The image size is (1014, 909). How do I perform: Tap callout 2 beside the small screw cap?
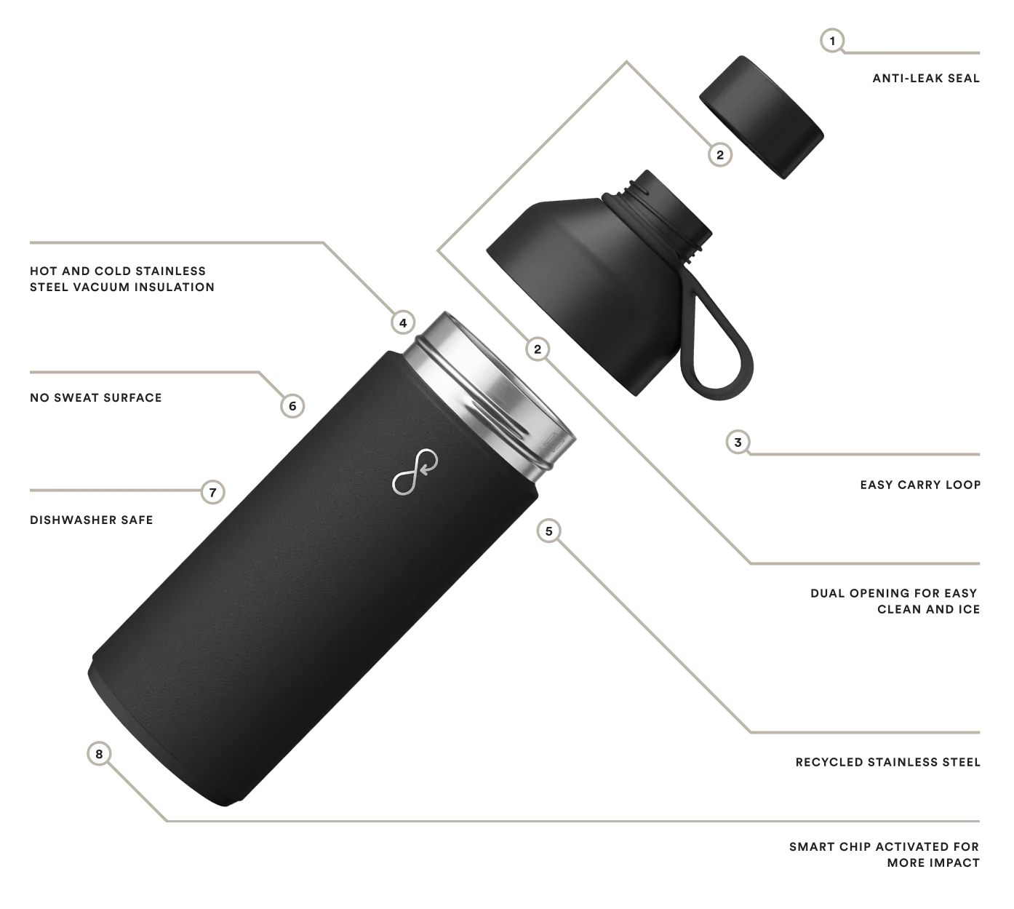tap(720, 154)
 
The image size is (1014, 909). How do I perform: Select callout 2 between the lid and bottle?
tap(538, 349)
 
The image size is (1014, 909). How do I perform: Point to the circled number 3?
tap(738, 442)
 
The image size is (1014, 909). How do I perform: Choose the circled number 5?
tap(548, 531)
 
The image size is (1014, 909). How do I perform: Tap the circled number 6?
tap(292, 405)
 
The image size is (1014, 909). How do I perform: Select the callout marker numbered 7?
tap(212, 493)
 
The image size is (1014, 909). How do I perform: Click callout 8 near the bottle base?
tap(99, 753)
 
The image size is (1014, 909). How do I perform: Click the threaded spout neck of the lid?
tap(668, 211)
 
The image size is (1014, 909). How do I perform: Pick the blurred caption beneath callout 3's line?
tap(919, 483)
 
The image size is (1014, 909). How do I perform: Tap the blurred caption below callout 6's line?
tap(95, 397)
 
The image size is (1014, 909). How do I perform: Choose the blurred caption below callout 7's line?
tap(93, 518)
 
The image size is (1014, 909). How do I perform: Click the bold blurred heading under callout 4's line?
tap(121, 277)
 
